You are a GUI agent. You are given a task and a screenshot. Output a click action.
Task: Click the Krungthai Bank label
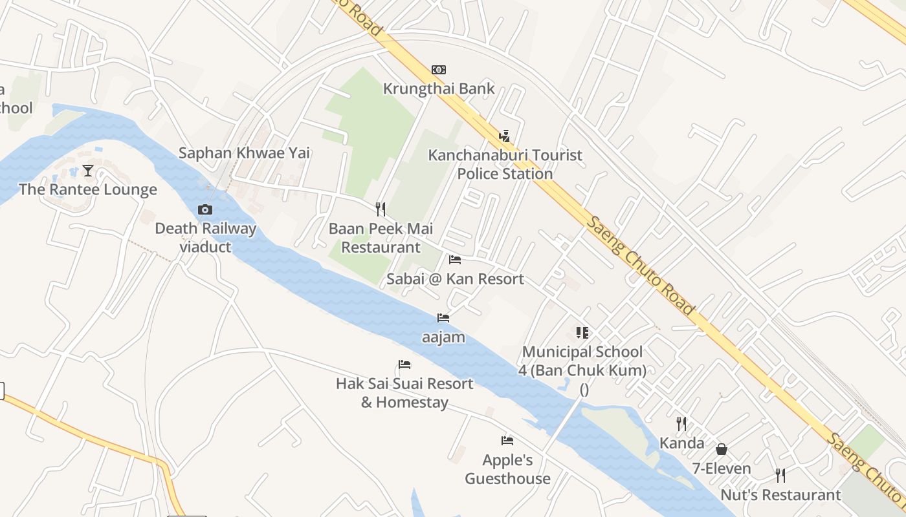point(439,89)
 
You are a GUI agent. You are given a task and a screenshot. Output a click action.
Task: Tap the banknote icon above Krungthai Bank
point(439,70)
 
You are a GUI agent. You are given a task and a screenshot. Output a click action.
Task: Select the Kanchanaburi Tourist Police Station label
point(505,164)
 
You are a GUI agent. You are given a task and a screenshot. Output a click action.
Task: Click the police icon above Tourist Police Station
point(505,136)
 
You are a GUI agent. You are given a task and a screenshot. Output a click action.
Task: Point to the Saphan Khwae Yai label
point(244,153)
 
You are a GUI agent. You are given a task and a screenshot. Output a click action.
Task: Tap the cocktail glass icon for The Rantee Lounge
point(88,171)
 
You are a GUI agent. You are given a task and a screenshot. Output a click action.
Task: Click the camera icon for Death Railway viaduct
point(205,209)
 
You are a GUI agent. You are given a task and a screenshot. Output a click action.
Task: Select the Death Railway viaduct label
point(205,237)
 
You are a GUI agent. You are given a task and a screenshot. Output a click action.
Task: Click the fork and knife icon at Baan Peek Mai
point(381,209)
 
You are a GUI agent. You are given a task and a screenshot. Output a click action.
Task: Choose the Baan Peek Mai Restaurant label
point(381,238)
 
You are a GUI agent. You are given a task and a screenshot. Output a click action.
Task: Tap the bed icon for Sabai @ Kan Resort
point(455,260)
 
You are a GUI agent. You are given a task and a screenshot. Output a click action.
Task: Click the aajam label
point(443,337)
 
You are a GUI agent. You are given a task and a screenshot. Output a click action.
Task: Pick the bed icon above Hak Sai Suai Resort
point(404,364)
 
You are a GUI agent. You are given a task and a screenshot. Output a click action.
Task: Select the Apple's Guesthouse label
point(507,469)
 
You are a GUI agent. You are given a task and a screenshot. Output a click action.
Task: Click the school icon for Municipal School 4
point(582,333)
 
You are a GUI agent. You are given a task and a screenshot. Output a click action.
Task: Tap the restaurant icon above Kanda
point(681,424)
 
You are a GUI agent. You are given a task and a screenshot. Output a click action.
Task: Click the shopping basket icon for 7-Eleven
point(722,449)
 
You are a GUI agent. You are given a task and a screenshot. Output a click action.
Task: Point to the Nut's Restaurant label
point(780,495)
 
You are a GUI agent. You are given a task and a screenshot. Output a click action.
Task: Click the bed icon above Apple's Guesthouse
point(507,441)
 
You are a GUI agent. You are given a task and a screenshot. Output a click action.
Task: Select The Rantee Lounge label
point(88,189)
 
